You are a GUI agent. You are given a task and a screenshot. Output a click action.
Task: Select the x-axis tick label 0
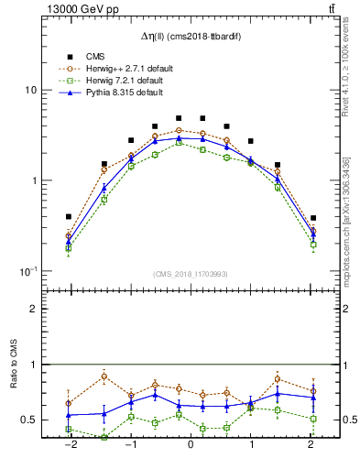[x=191, y=445]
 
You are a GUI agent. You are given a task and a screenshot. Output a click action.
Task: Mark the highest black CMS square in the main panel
[x=179, y=118]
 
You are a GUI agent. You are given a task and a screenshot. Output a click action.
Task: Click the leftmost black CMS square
[x=69, y=216]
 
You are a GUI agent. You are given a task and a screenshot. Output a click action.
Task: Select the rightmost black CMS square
[x=313, y=218]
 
